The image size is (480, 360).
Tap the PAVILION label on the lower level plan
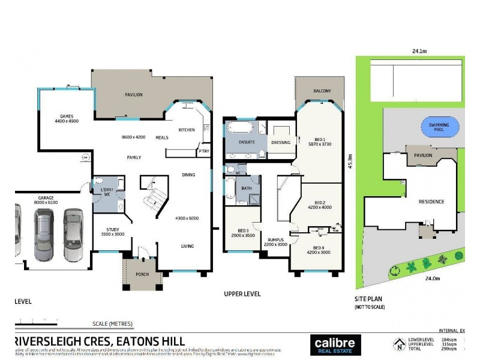(133, 95)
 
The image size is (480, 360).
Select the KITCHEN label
(187, 130)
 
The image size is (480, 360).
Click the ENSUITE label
(247, 142)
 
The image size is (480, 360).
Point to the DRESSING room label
(280, 142)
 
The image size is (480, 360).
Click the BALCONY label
(322, 91)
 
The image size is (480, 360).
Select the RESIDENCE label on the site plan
(431, 202)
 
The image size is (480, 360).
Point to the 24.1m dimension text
(419, 52)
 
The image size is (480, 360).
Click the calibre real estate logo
(337, 346)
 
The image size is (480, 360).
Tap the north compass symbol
(398, 345)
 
